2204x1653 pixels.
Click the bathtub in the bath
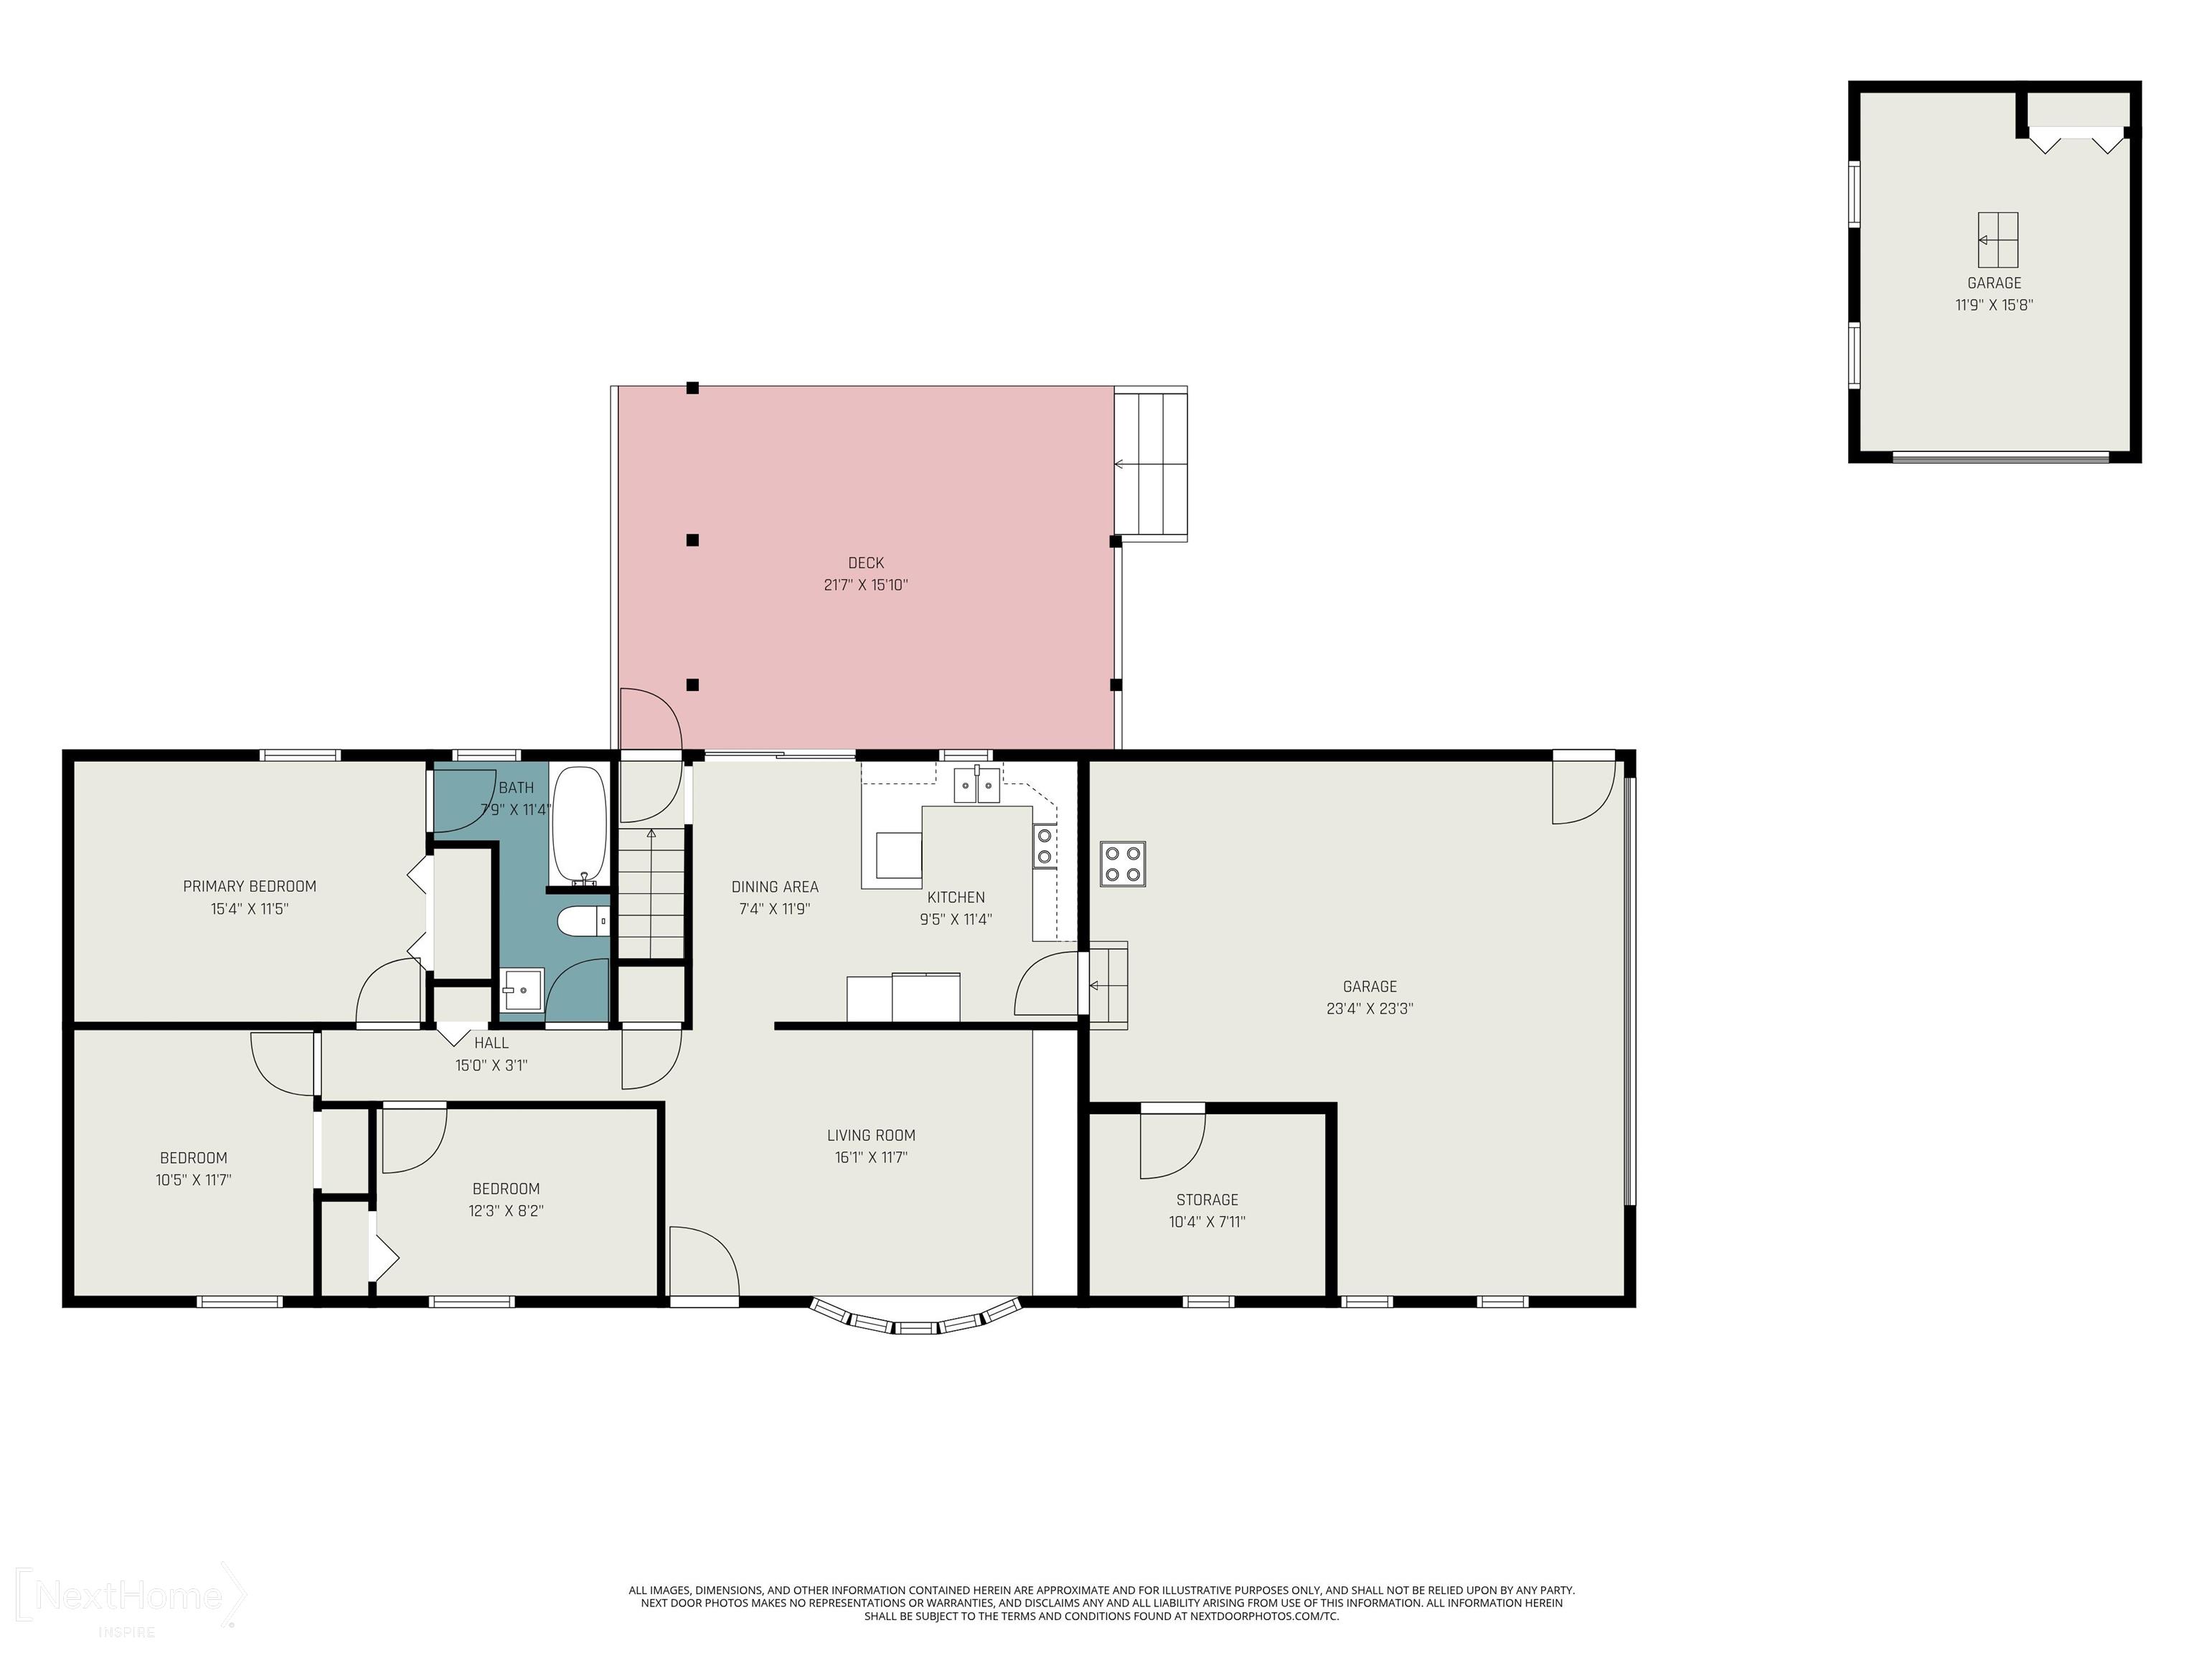579,824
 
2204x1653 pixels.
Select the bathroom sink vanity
522,992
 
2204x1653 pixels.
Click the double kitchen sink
976,785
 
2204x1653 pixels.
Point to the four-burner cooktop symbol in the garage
1123,864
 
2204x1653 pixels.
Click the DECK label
866,563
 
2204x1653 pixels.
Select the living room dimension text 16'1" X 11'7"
871,1157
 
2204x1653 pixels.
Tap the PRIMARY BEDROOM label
250,886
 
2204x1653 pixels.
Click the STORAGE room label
1207,1200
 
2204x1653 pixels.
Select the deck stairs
1151,464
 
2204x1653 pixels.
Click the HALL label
491,1042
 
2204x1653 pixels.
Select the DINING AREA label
775,887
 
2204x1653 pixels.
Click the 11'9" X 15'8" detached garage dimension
1994,305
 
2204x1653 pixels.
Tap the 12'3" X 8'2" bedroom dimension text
507,1210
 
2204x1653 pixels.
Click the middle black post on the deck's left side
692,540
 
